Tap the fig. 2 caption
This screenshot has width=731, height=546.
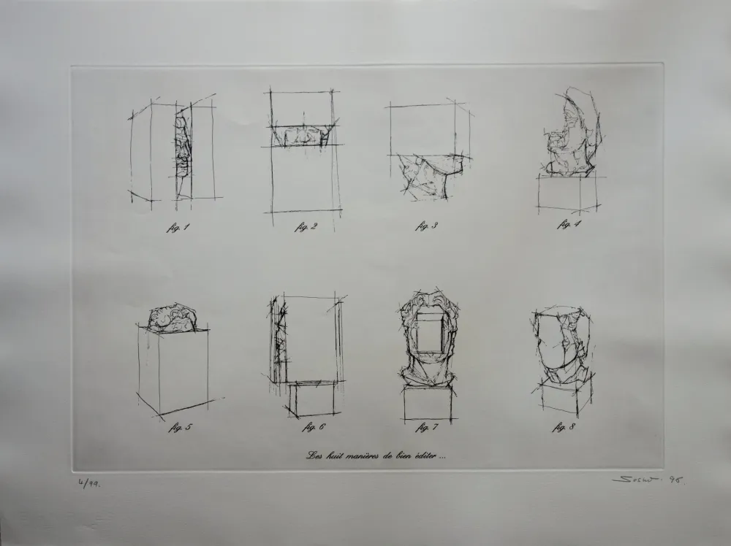tap(306, 226)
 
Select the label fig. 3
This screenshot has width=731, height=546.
tap(426, 226)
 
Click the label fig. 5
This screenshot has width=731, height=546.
tap(180, 428)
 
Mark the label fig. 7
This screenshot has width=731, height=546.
tap(426, 428)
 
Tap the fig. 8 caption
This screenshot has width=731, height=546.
tap(564, 427)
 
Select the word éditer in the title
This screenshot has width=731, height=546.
tap(432, 456)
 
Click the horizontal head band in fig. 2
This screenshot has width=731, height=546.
tap(302, 136)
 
